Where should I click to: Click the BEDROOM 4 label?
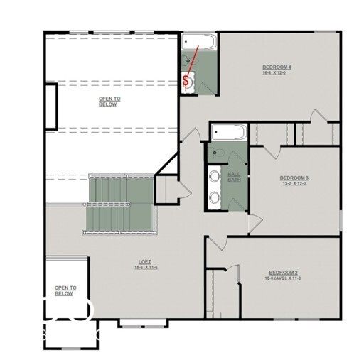click(x=277, y=67)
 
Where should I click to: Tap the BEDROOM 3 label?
click(x=294, y=178)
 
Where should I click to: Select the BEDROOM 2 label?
click(x=285, y=272)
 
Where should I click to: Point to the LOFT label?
click(x=144, y=262)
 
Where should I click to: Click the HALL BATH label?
click(x=234, y=177)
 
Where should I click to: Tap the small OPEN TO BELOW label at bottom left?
click(x=65, y=290)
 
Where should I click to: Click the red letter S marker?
click(x=186, y=81)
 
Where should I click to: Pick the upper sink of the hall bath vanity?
click(x=215, y=175)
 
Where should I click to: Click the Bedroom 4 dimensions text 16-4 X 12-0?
click(x=277, y=73)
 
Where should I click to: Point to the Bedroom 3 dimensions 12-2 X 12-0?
click(x=294, y=183)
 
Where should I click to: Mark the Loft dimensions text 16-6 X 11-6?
click(x=144, y=268)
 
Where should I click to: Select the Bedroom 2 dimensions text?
click(x=285, y=278)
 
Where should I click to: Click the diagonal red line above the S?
click(x=193, y=60)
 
